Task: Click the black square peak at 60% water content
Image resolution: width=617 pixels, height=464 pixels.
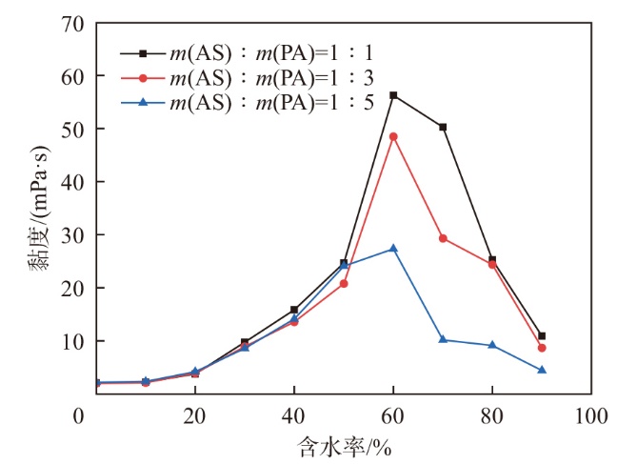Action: click(393, 95)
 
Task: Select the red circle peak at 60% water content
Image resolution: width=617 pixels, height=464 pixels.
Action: click(393, 136)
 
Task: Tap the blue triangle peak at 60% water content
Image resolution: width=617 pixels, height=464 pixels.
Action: click(393, 249)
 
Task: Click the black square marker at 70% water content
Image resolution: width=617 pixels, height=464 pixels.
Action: click(443, 127)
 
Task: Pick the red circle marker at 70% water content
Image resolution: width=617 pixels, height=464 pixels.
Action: click(443, 238)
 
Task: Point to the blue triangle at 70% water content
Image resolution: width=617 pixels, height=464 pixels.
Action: click(443, 339)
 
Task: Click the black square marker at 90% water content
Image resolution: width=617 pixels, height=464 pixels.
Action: click(542, 336)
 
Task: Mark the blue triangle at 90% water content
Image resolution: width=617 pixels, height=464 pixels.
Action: click(542, 370)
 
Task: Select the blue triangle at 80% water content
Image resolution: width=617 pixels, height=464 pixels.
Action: click(492, 345)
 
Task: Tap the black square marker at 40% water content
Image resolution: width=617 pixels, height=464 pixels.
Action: click(294, 310)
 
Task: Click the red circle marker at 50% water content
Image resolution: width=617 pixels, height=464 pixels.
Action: click(344, 284)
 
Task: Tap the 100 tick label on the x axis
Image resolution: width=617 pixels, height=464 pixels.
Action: click(590, 415)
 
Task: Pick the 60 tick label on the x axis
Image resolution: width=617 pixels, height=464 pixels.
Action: click(393, 415)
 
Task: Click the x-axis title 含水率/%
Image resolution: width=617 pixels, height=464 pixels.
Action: click(344, 445)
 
